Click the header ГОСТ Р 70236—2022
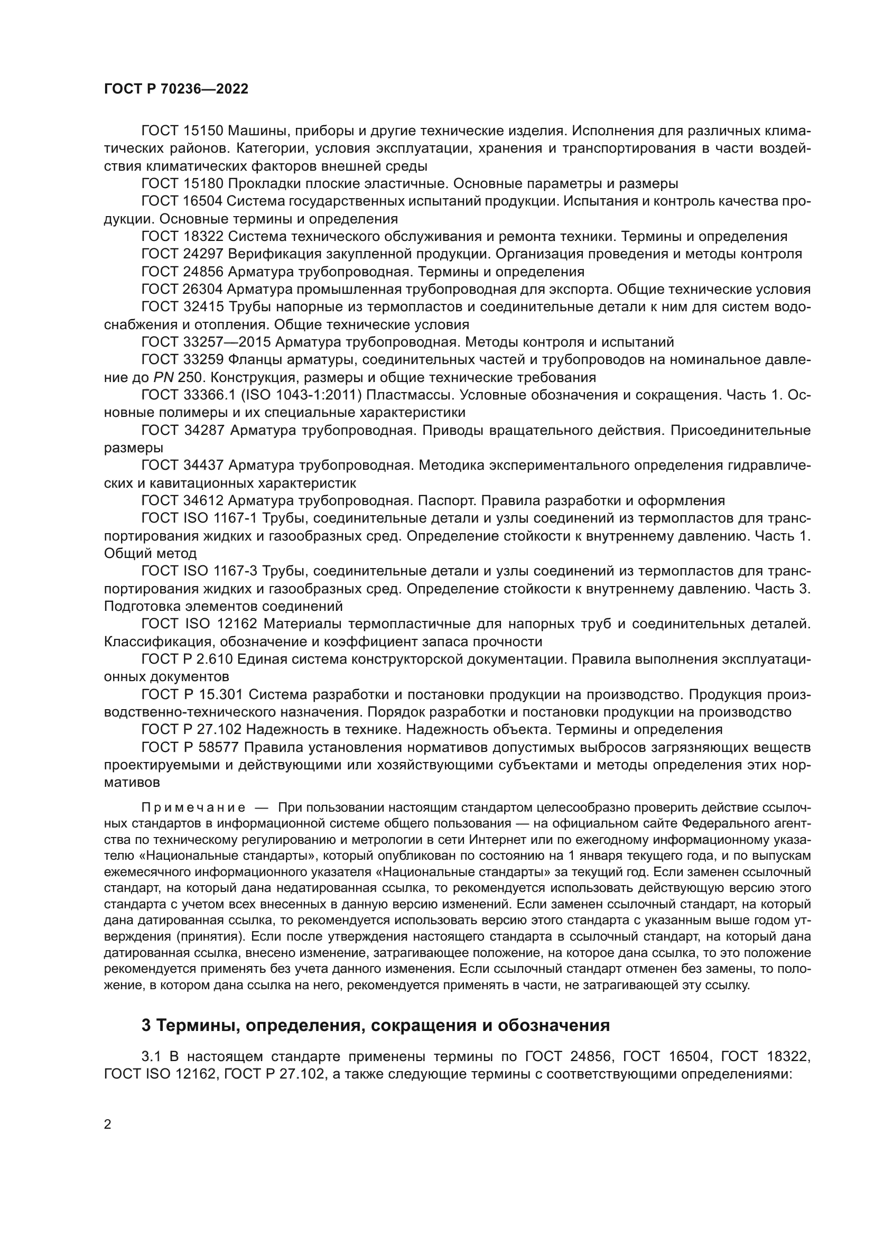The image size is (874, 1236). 176,89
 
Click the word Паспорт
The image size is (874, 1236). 447,500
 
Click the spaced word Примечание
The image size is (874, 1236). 193,807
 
